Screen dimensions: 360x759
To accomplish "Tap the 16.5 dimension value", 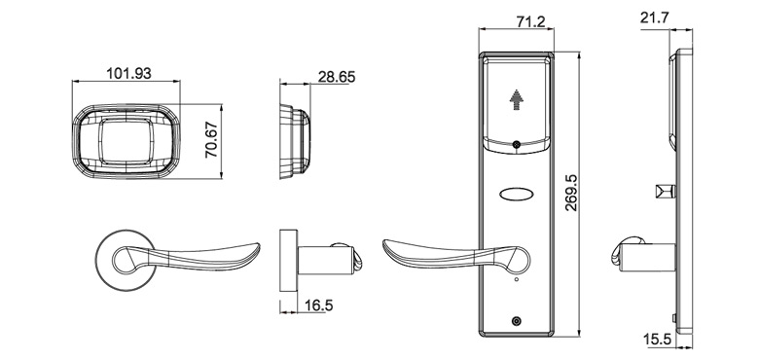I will point(317,306).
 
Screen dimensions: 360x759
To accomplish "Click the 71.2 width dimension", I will point(517,21).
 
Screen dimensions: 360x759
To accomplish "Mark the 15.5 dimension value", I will point(659,340).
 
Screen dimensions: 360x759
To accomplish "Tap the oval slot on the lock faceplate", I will point(516,193).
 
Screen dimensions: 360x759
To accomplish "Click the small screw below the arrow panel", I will point(516,147).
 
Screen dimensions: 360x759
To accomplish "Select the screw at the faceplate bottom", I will point(516,322).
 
